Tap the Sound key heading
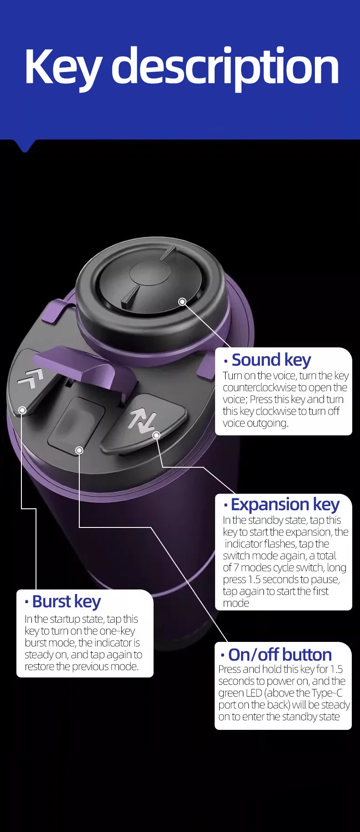coord(271,360)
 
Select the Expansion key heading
coord(285,505)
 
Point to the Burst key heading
coord(66,602)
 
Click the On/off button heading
coord(279,655)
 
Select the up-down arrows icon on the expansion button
coord(142,421)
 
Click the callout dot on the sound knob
coord(182,302)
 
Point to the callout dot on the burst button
coord(22,410)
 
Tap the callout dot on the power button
coord(79,450)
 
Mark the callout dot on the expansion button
coord(156,435)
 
